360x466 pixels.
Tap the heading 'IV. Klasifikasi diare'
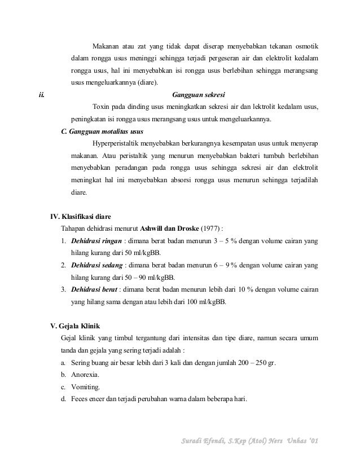81,217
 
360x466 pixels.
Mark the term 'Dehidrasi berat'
94,289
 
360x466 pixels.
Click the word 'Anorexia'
85,375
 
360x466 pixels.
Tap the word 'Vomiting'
85,387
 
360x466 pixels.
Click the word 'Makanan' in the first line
107,46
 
